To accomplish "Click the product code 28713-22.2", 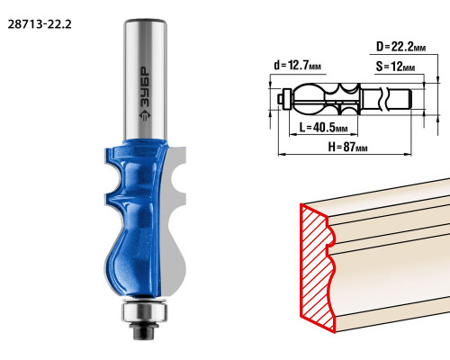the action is click(40, 24).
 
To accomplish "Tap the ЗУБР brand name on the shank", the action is click(145, 86).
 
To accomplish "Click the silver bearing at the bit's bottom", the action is click(144, 312).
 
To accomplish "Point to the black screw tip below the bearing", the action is click(142, 332).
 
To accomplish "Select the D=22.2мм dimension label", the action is click(400, 47).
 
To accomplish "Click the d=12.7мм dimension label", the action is click(297, 65).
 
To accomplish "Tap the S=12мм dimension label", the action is click(395, 67).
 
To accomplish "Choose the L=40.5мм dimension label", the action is click(323, 128).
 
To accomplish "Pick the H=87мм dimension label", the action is click(347, 147).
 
